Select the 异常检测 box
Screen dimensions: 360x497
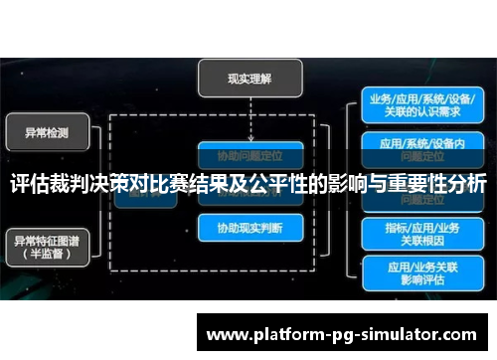pos(49,131)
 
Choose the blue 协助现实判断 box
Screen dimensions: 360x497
pos(248,228)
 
